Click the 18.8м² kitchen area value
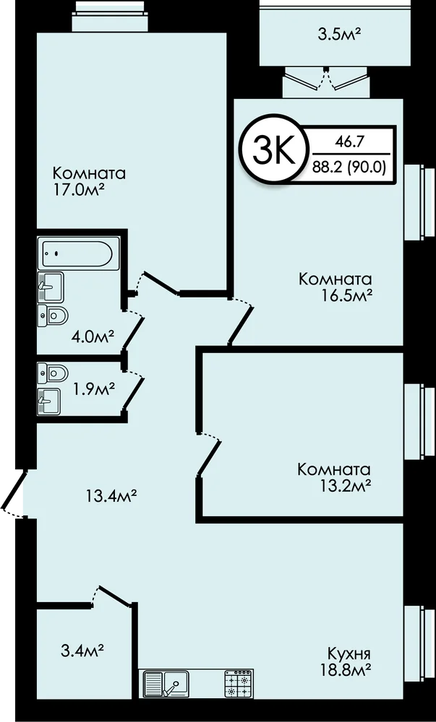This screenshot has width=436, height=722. point(347,669)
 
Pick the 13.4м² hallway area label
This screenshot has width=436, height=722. point(111,497)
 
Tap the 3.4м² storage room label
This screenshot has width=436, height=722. point(82,651)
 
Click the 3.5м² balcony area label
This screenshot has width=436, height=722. point(339,35)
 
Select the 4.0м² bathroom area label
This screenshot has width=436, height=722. point(93,337)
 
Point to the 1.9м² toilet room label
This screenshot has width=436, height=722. point(93,390)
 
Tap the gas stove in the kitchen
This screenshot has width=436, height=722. point(239,684)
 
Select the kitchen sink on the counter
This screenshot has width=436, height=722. point(166,684)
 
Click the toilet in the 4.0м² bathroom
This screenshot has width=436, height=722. point(53,316)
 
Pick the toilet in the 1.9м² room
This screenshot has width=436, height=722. point(53,373)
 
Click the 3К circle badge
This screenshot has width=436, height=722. point(273,149)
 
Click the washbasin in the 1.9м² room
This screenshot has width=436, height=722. point(49,401)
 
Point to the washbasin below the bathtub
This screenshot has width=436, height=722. point(51,286)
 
